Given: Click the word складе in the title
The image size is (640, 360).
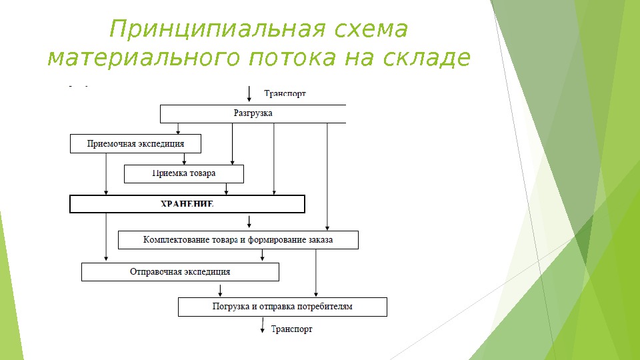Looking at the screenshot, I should tap(427, 59).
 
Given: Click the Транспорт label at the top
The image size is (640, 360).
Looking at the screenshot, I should tap(285, 94).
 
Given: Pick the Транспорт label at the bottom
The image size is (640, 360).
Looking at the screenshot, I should tap(291, 329).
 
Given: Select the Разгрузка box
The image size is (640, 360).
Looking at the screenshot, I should tap(253, 114).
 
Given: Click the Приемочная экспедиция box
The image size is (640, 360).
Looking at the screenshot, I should tap(135, 143).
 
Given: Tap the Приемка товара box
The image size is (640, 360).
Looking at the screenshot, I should tap(183, 173).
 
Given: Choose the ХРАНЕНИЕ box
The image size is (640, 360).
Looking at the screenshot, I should tap(187, 204).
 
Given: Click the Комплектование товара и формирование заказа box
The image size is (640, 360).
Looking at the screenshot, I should tap(238, 239).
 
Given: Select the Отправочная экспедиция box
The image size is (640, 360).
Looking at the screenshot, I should tap(180, 271).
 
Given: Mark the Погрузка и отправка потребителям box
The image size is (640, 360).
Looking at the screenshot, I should tap(282, 307).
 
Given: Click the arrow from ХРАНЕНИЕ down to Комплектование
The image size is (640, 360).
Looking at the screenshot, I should tap(249, 221).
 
